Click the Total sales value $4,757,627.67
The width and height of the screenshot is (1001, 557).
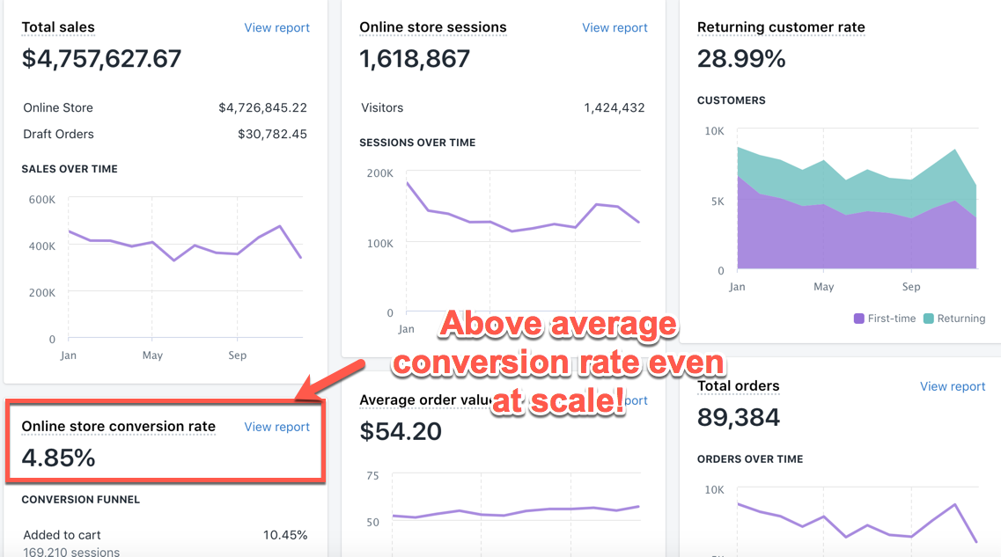pyautogui.click(x=101, y=59)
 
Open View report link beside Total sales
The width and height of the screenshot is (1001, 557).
pyautogui.click(x=276, y=27)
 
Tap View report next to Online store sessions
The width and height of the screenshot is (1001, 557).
pyautogui.click(x=615, y=27)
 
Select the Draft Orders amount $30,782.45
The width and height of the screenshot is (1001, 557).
pyautogui.click(x=272, y=134)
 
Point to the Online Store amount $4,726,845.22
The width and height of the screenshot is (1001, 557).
pyautogui.click(x=262, y=107)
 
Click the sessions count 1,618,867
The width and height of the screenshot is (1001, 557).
pyautogui.click(x=415, y=59)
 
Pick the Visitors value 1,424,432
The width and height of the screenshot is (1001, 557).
pyautogui.click(x=614, y=107)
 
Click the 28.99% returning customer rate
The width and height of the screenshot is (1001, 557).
pyautogui.click(x=741, y=59)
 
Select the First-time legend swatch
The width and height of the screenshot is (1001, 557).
pyautogui.click(x=859, y=319)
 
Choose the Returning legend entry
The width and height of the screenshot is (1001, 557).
pyautogui.click(x=953, y=319)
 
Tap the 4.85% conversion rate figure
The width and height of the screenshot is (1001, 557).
pyautogui.click(x=58, y=458)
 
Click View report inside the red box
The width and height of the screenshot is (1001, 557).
pyautogui.click(x=276, y=427)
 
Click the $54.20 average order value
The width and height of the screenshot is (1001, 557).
pyautogui.click(x=401, y=431)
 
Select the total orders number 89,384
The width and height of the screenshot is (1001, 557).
pyautogui.click(x=738, y=417)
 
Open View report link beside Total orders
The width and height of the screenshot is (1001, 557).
pyautogui.click(x=953, y=386)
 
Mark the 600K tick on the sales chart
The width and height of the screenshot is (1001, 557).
pyautogui.click(x=41, y=199)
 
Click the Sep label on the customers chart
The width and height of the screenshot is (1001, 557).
pyautogui.click(x=910, y=287)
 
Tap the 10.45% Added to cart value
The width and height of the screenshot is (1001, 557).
pyautogui.click(x=285, y=534)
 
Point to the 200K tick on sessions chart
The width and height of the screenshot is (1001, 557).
pyautogui.click(x=379, y=172)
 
